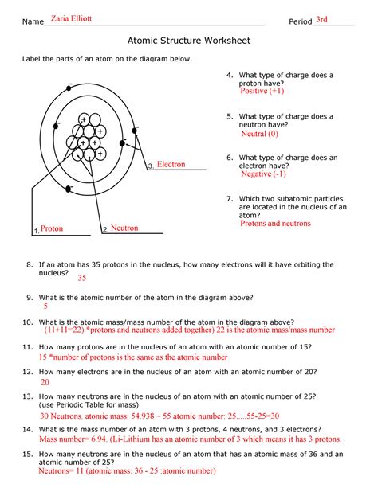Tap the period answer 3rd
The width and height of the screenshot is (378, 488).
(x=322, y=19)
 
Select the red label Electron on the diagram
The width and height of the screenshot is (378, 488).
(x=171, y=164)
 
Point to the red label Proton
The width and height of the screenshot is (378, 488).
(x=52, y=228)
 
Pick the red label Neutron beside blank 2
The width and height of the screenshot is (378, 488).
(x=124, y=228)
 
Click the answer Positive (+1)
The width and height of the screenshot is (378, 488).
(x=262, y=92)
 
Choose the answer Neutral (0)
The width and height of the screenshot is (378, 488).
(x=258, y=134)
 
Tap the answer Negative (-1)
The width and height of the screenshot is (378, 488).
(x=262, y=174)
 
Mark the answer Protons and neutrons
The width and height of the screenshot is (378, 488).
(x=275, y=224)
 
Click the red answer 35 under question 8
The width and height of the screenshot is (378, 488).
(x=81, y=279)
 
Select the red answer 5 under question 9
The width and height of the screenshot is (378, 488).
(x=46, y=306)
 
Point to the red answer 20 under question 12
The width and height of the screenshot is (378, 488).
(x=45, y=382)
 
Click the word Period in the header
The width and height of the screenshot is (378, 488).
(x=300, y=21)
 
